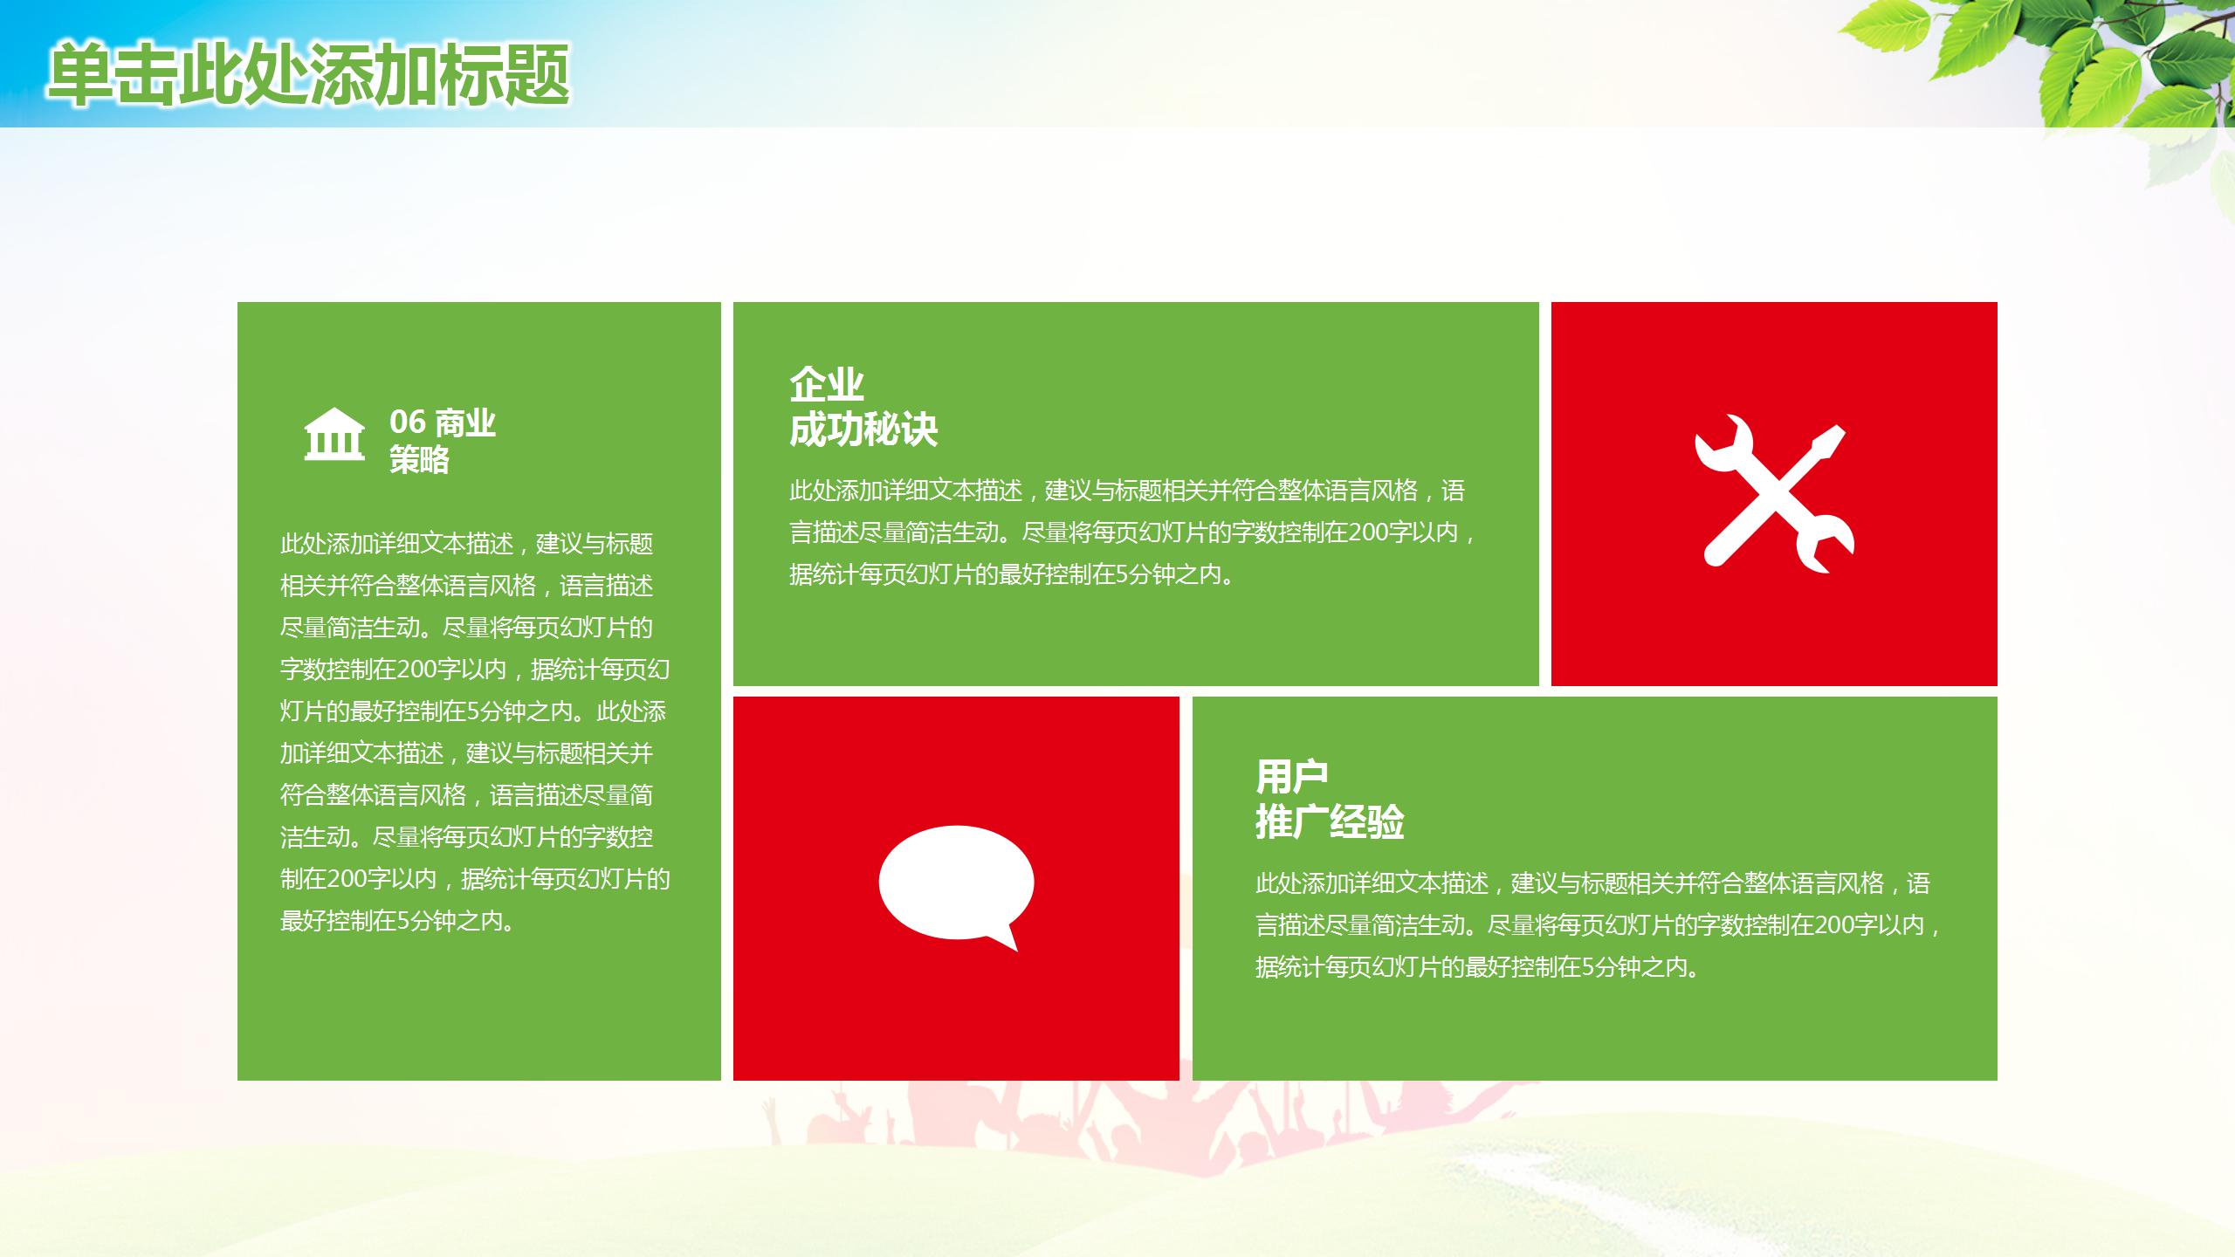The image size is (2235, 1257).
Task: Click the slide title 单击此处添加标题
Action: tap(308, 75)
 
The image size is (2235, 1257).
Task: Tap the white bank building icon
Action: tap(334, 434)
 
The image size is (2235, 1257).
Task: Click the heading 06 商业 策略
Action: tap(442, 441)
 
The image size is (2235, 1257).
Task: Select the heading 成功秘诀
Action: tap(863, 429)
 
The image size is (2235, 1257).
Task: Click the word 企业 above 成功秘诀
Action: tap(826, 384)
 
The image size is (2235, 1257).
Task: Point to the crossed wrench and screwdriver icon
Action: tap(1774, 493)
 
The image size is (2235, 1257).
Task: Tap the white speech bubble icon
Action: tap(956, 884)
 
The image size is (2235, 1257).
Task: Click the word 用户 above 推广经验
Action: tap(1291, 775)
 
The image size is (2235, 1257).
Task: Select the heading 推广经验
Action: tap(1330, 821)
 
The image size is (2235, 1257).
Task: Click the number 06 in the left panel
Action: tap(408, 422)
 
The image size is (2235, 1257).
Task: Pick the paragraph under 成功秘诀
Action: tap(1133, 532)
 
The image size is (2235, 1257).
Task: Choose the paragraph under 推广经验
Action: tap(1598, 925)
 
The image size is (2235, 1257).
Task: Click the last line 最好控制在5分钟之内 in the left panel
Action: tap(397, 921)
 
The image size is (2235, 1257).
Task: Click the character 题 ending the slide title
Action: tap(538, 75)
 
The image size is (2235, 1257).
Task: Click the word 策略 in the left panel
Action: tap(419, 459)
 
